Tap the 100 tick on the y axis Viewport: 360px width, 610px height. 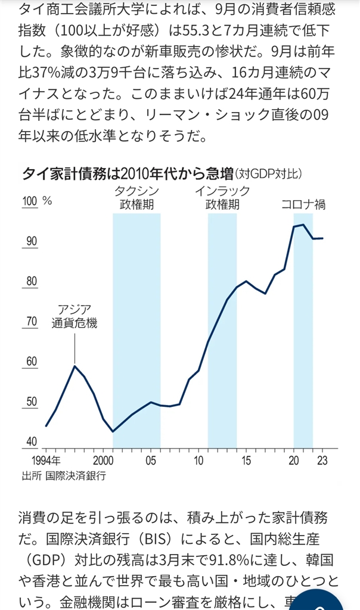point(30,201)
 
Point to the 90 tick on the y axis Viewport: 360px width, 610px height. point(31,241)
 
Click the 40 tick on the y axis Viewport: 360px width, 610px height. point(31,442)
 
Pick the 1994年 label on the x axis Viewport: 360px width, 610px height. point(45,460)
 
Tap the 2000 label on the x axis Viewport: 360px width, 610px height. point(104,460)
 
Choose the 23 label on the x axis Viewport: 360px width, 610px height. point(322,460)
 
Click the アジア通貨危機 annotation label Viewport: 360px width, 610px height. point(74,317)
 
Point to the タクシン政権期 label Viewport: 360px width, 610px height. point(136,198)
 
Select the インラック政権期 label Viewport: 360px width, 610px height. point(222,198)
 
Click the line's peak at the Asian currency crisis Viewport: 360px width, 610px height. point(75,365)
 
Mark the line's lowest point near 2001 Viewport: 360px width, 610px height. point(113,431)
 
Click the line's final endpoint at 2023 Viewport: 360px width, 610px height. point(322,238)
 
